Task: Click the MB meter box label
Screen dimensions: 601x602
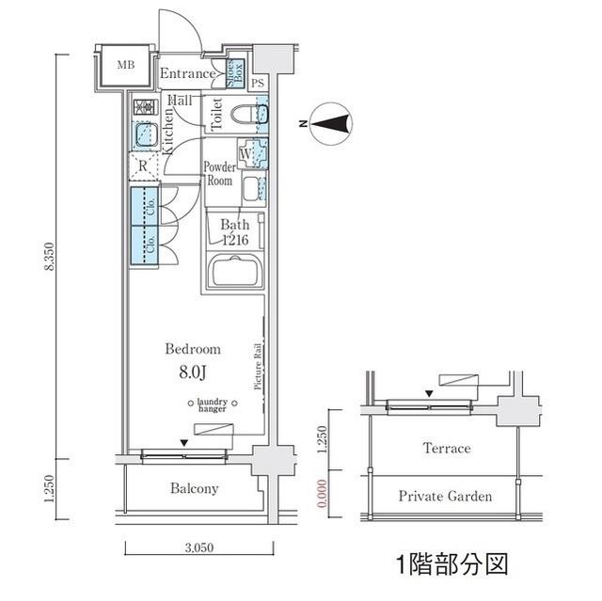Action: click(x=125, y=65)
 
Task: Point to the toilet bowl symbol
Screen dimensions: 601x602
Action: click(x=251, y=115)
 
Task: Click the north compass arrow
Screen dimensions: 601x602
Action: click(x=330, y=122)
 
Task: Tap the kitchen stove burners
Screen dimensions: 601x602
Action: click(x=143, y=106)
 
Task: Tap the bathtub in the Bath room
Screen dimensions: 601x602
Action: click(x=233, y=274)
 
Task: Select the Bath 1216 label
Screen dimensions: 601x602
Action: click(x=234, y=232)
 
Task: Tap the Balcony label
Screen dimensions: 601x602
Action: click(x=195, y=488)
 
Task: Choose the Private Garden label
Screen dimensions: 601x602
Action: click(x=444, y=496)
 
